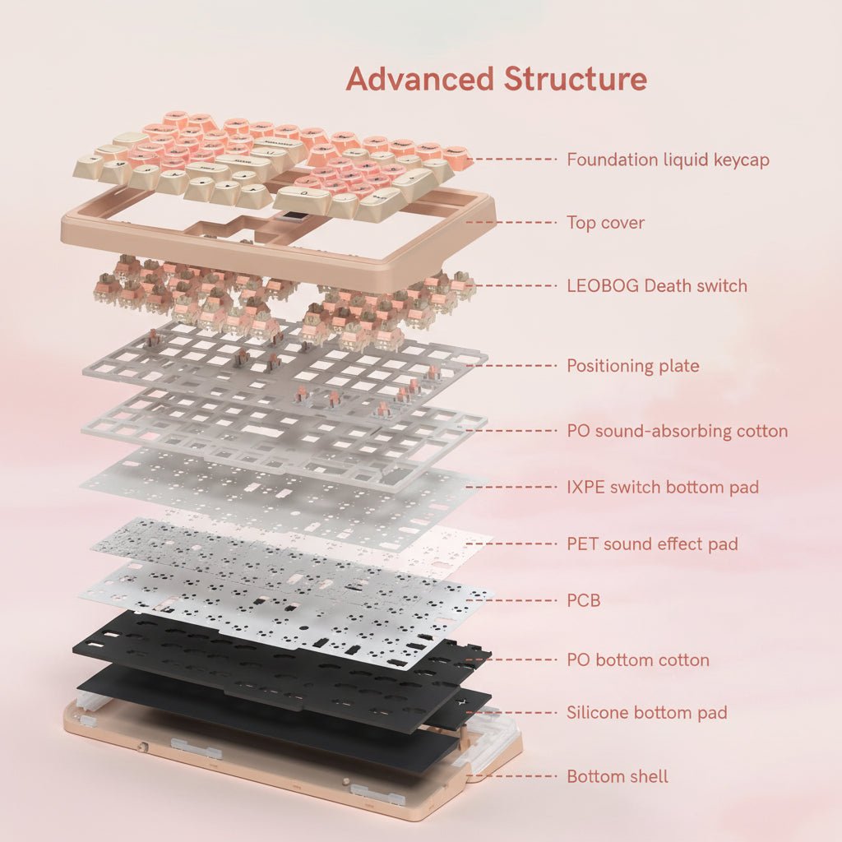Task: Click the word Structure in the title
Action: coord(575,79)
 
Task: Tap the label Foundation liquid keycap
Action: coord(668,160)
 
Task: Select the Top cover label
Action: coord(605,222)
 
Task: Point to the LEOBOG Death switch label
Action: coord(657,286)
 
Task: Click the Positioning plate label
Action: coord(632,366)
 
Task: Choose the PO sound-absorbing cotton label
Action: coord(677,431)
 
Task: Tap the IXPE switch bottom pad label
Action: coord(663,487)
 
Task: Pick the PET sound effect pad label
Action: coord(652,544)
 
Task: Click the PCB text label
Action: coord(583,600)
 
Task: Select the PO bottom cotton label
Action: coord(637,659)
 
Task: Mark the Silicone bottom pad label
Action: coord(646,712)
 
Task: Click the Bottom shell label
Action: coord(617,776)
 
